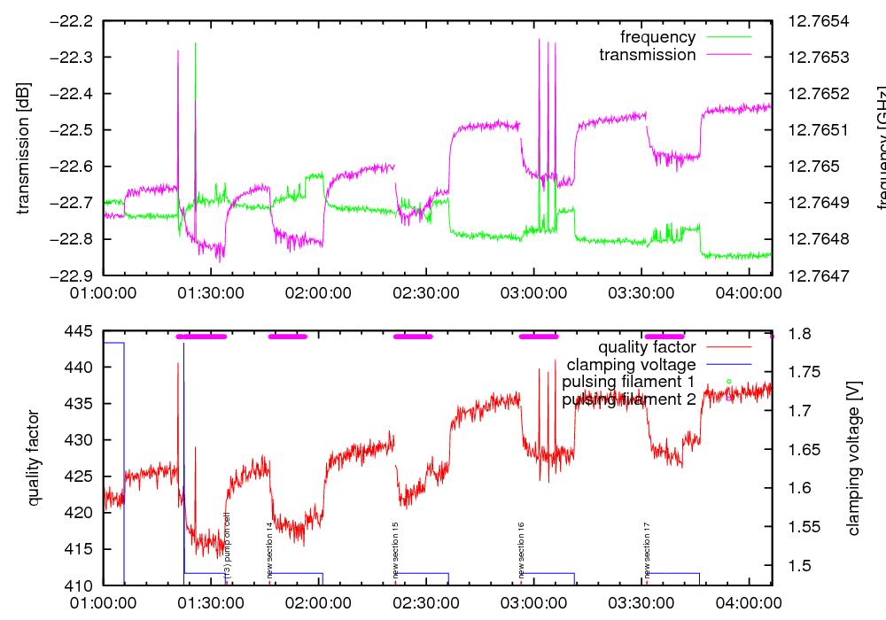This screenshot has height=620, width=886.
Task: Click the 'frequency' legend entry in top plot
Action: (x=657, y=37)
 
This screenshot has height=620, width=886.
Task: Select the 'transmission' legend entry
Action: (x=648, y=55)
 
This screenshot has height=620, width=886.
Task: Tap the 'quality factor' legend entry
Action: (x=646, y=347)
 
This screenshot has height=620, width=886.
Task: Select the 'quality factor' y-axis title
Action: (x=34, y=457)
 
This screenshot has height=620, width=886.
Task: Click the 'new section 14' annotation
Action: (x=269, y=549)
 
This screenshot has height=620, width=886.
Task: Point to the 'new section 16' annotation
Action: (x=521, y=549)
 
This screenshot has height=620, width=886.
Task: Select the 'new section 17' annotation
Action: (x=648, y=549)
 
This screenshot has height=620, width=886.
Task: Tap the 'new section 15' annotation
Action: (x=395, y=549)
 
